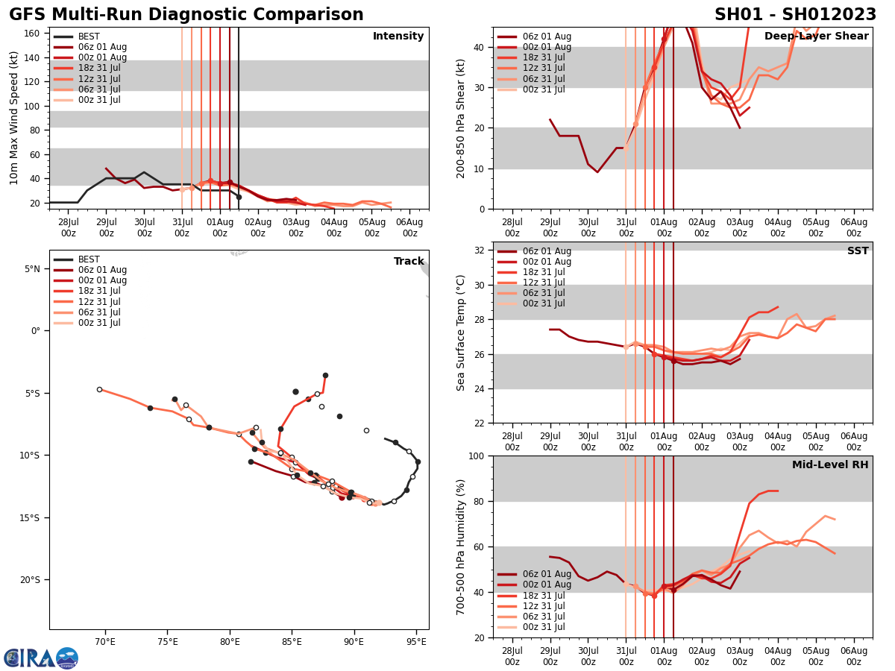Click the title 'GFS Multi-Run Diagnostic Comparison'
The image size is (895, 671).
[x=186, y=15]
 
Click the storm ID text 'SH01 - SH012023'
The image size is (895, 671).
[x=795, y=15]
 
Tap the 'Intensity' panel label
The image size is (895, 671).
[x=398, y=37]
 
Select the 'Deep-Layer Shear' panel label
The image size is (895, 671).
[x=817, y=37]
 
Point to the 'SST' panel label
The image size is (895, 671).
[x=858, y=251]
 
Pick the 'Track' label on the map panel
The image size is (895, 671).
[x=409, y=262]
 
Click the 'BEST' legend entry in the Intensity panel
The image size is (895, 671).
[x=89, y=37]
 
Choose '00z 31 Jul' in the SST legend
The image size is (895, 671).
[x=543, y=304]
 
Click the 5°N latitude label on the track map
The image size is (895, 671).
[x=32, y=269]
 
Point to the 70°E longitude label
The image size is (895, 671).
[x=105, y=643]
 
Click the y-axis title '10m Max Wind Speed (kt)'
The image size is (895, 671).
[x=14, y=118]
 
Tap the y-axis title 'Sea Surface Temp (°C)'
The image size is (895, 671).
[x=461, y=333]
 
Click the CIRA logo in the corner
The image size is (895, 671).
[x=41, y=658]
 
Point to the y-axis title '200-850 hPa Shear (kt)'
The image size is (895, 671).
[x=461, y=118]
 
